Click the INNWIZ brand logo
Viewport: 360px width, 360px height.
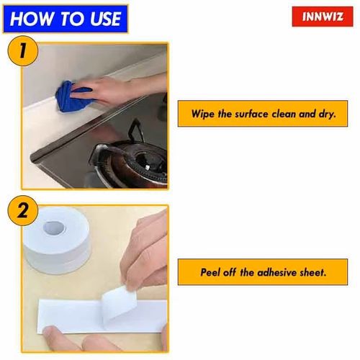pos(323,16)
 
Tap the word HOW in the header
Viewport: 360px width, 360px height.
pos(30,18)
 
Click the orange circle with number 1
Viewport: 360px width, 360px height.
pos(23,54)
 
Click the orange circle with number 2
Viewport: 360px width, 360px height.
pos(23,214)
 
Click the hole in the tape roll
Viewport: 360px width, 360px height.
pos(55,228)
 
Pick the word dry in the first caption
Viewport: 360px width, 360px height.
pos(333,114)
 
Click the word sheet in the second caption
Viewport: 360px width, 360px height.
pos(314,274)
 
